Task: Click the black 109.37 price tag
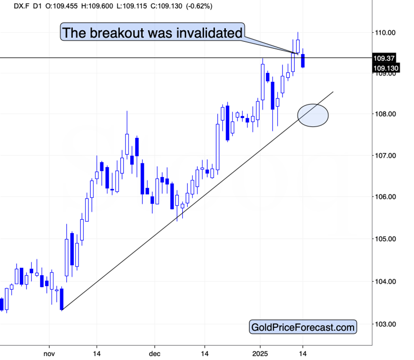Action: pyautogui.click(x=384, y=59)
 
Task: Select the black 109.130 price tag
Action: pyautogui.click(x=386, y=69)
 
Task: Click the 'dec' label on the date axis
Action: pyautogui.click(x=155, y=353)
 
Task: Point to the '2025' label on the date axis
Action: pyautogui.click(x=260, y=353)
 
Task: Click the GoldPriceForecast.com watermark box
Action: pyautogui.click(x=303, y=326)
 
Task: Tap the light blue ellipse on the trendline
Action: pyautogui.click(x=313, y=115)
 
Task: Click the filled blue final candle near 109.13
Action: pyautogui.click(x=303, y=61)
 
